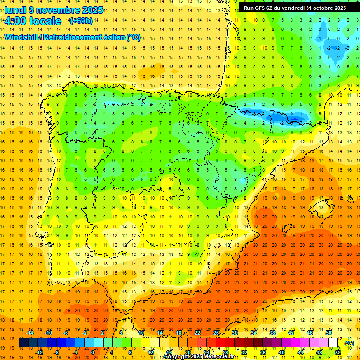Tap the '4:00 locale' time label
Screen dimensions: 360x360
[x=33, y=21]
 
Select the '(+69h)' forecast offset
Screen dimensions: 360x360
[x=81, y=21]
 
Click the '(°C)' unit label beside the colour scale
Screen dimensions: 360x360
[x=349, y=343]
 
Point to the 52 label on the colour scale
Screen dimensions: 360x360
[x=338, y=352]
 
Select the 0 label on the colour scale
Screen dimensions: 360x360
[x=92, y=352]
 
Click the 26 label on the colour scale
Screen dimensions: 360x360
[x=216, y=333]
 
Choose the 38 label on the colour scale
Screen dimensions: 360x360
[x=272, y=333]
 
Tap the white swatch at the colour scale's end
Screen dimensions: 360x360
[x=333, y=343]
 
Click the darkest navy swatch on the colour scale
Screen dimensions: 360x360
[x=23, y=343]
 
